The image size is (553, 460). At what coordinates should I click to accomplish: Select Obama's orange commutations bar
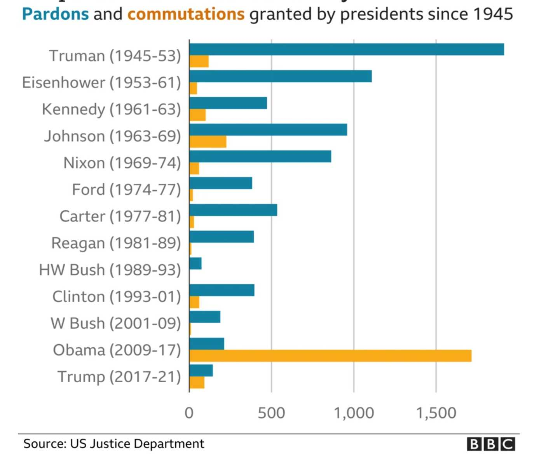point(330,356)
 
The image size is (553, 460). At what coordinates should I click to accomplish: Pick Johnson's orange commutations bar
point(208,142)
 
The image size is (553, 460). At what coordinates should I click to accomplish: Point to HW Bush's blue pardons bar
point(195,263)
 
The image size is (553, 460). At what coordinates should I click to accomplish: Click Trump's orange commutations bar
point(197,383)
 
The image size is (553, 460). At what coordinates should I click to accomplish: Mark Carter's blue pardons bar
point(233,210)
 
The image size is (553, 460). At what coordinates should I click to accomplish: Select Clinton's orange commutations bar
point(194,302)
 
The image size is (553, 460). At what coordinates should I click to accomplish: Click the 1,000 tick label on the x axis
point(354,413)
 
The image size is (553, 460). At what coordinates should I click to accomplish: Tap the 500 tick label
point(271,413)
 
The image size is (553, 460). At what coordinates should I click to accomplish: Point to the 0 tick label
point(189,413)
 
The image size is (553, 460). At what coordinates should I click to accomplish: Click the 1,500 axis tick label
point(436,413)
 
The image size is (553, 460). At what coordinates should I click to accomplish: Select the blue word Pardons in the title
point(55,14)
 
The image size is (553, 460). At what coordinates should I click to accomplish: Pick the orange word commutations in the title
point(186,14)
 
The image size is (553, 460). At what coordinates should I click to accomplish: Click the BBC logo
point(491,444)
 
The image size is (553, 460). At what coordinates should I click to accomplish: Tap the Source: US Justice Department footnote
point(113,444)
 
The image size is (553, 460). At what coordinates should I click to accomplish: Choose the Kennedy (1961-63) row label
point(112,110)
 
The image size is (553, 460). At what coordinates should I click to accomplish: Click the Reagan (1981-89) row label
point(116,243)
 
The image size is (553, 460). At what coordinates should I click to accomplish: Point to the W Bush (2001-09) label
point(116,323)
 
